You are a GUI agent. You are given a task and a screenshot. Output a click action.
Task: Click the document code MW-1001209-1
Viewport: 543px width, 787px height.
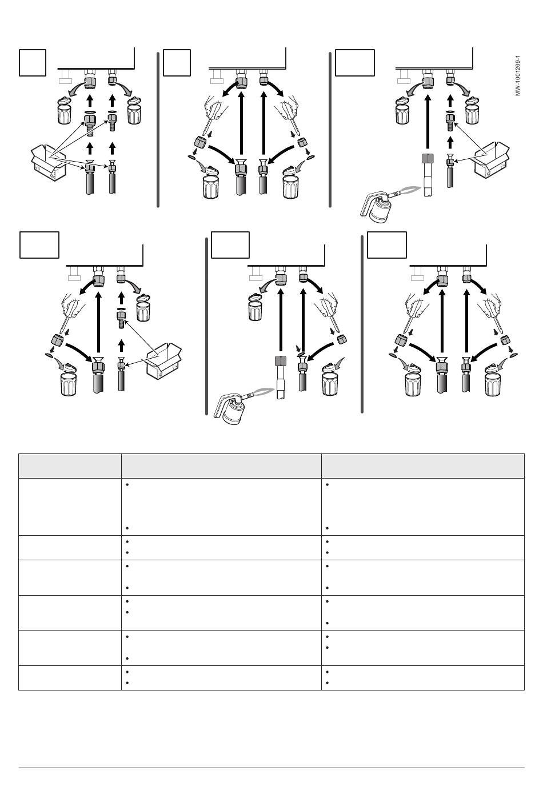pyautogui.click(x=517, y=75)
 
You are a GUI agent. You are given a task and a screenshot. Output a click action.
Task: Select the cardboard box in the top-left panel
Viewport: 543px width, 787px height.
pyautogui.click(x=49, y=163)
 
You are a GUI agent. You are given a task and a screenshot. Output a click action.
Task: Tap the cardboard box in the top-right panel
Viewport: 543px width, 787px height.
pyautogui.click(x=492, y=159)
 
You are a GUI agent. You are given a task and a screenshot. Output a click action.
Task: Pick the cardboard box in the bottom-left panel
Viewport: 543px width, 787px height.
pyautogui.click(x=164, y=361)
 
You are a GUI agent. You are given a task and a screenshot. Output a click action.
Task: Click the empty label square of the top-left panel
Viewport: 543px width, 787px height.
pyautogui.click(x=33, y=63)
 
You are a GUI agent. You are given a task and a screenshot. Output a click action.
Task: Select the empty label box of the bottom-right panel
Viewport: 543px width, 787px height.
pyautogui.click(x=387, y=245)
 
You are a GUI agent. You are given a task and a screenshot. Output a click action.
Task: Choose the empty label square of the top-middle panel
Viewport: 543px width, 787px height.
pyautogui.click(x=177, y=63)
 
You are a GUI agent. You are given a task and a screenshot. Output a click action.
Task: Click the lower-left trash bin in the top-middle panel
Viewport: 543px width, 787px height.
pyautogui.click(x=211, y=183)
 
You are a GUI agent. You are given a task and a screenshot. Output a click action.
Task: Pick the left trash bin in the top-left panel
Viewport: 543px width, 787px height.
pyautogui.click(x=65, y=110)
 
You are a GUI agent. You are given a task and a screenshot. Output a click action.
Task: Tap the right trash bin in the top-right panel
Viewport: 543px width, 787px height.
pyautogui.click(x=473, y=110)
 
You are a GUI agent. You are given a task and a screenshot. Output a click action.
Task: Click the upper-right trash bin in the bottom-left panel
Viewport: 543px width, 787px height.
pyautogui.click(x=143, y=308)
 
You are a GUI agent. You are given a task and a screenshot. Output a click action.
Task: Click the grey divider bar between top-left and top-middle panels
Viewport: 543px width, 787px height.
pyautogui.click(x=158, y=130)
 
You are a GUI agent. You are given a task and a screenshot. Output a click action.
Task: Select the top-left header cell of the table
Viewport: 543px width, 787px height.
pyautogui.click(x=70, y=466)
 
